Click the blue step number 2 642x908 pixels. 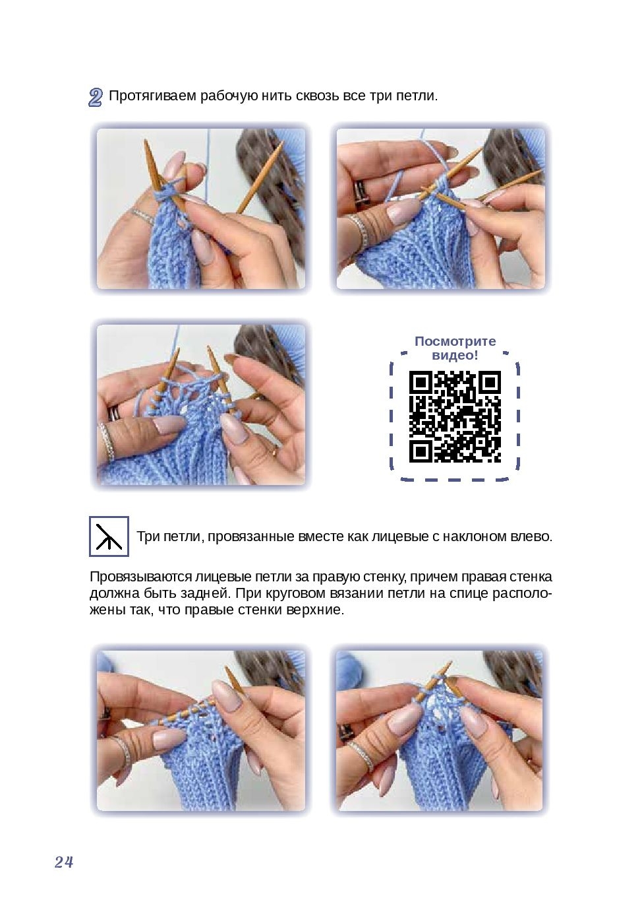click(96, 97)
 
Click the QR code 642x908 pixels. click(455, 416)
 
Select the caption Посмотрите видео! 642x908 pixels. click(455, 348)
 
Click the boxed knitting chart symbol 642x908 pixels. click(109, 536)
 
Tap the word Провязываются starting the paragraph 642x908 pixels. click(140, 577)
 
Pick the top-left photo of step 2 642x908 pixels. click(201, 209)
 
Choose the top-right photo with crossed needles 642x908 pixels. click(441, 209)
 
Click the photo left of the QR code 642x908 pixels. click(201, 405)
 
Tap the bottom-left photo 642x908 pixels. click(201, 731)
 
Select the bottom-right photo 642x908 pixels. click(440, 731)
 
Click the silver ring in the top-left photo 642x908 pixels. click(142, 216)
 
